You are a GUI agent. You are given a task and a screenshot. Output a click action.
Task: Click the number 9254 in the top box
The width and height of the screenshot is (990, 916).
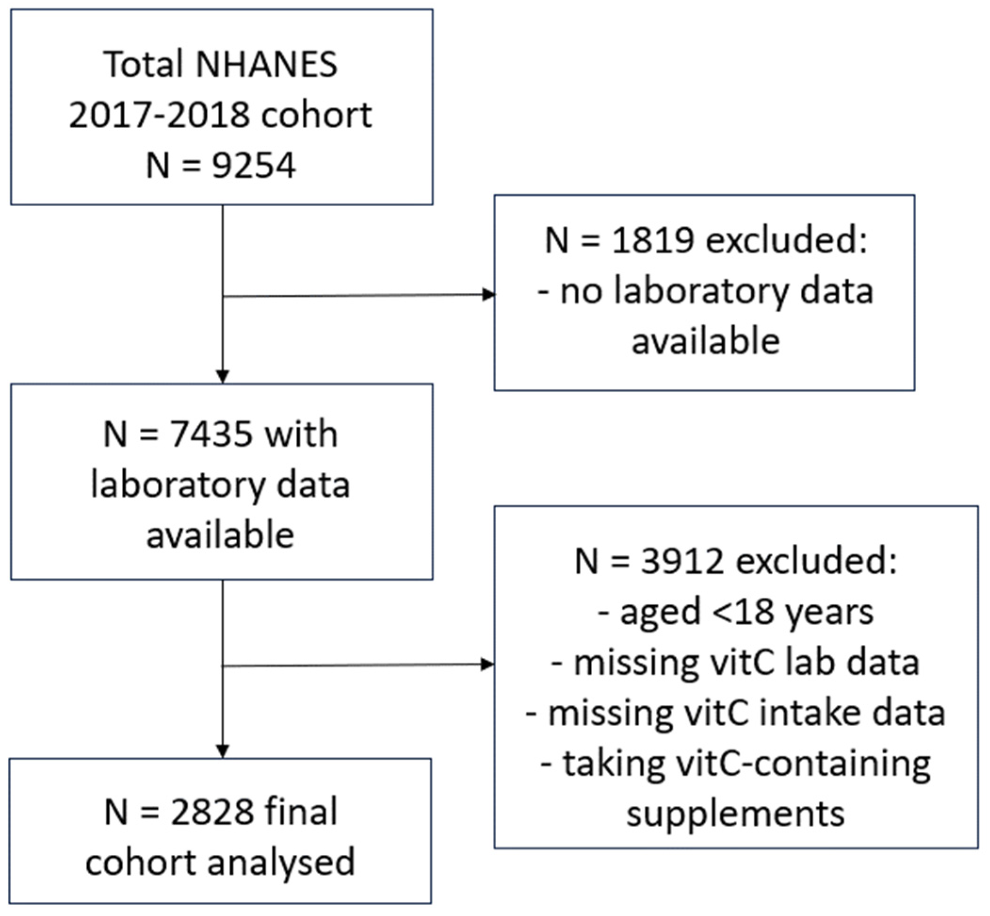coord(254,166)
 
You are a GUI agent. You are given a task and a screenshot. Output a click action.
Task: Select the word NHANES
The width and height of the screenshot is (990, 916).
coord(267,65)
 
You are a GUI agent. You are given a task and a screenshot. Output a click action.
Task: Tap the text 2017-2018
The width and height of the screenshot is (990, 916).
coord(160,115)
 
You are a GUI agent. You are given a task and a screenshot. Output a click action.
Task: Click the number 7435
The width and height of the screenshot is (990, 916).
coord(211,434)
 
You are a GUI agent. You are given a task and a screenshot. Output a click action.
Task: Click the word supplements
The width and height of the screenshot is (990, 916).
coord(735,814)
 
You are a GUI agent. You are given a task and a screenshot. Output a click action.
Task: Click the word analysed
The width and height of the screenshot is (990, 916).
coord(281,862)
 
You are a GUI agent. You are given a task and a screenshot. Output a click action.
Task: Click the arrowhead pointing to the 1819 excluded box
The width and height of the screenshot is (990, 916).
coord(489,295)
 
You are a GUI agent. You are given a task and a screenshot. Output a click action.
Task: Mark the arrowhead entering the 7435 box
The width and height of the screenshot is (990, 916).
coord(223,376)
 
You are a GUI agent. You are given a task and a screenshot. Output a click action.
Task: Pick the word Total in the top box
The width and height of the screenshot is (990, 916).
coord(143,65)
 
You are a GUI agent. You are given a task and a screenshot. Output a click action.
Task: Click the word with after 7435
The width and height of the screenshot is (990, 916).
coord(301,434)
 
